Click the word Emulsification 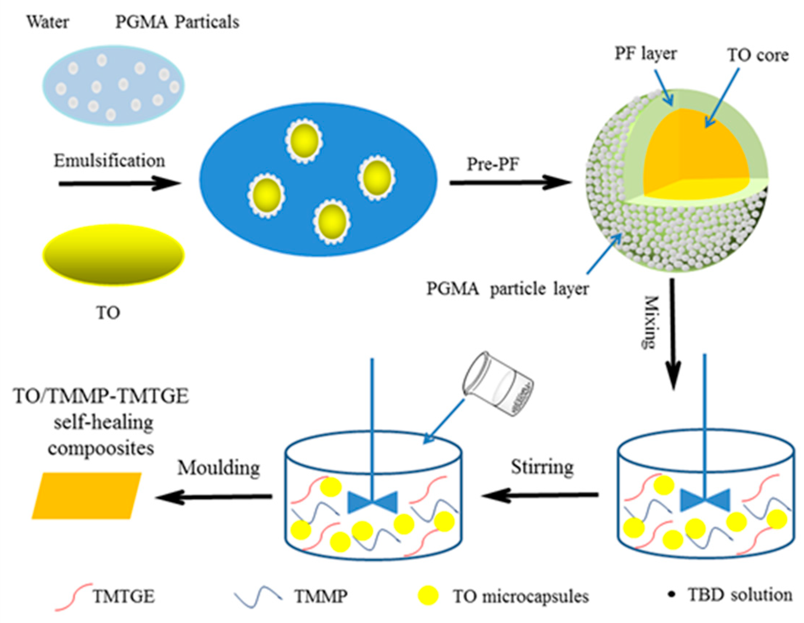click(109, 161)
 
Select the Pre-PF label click(493, 164)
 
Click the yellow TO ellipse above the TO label click(113, 255)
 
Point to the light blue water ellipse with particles click(113, 85)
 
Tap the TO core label click(757, 55)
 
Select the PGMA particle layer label click(508, 289)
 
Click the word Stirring click(542, 468)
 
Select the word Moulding click(219, 468)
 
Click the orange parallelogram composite click(87, 496)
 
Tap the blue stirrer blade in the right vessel click(704, 501)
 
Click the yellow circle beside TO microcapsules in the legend click(428, 595)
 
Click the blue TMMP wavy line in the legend click(259, 595)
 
